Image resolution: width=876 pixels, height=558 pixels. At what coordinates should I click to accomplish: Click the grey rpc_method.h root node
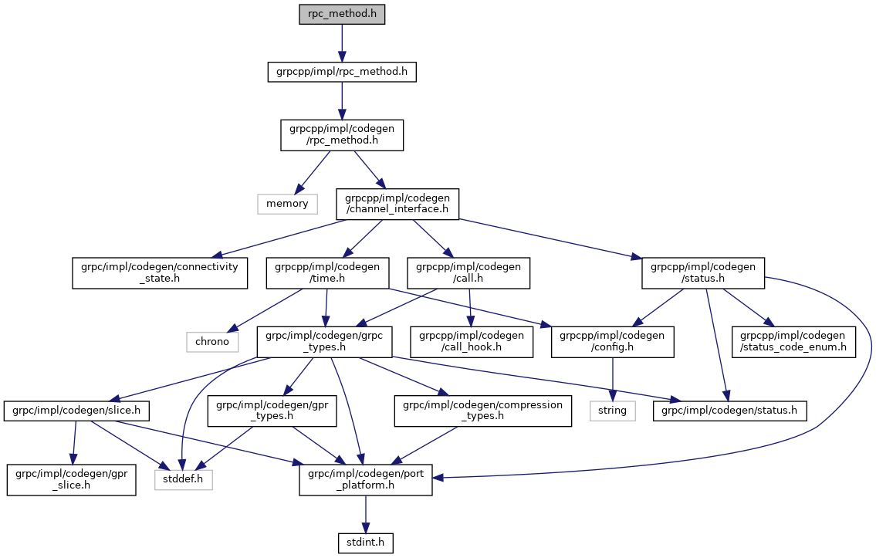[x=341, y=15]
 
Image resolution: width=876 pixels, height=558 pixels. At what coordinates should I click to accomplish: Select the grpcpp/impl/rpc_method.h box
[x=341, y=73]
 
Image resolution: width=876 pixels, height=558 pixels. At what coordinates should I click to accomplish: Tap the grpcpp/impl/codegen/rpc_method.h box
[x=341, y=135]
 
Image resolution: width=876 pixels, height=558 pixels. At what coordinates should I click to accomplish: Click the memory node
[x=286, y=204]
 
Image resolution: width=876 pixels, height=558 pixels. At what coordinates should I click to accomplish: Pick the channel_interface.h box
[x=397, y=204]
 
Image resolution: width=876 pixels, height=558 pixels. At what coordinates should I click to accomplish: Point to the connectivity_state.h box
[x=160, y=273]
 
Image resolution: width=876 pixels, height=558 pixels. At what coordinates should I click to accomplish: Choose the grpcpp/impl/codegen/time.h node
[x=324, y=273]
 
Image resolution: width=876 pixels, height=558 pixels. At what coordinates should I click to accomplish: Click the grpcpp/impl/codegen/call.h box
[x=469, y=273]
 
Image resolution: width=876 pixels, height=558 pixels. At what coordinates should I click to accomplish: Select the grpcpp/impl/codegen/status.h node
[x=702, y=273]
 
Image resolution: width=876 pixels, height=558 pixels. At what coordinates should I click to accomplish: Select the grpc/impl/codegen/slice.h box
[x=77, y=411]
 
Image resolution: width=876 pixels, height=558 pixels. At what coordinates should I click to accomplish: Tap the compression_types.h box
[x=482, y=411]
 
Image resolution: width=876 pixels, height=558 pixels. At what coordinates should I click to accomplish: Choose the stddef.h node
[x=182, y=480]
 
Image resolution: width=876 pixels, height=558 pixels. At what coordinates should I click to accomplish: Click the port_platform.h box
[x=366, y=480]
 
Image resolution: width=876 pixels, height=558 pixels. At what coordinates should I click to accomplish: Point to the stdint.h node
[x=366, y=543]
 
